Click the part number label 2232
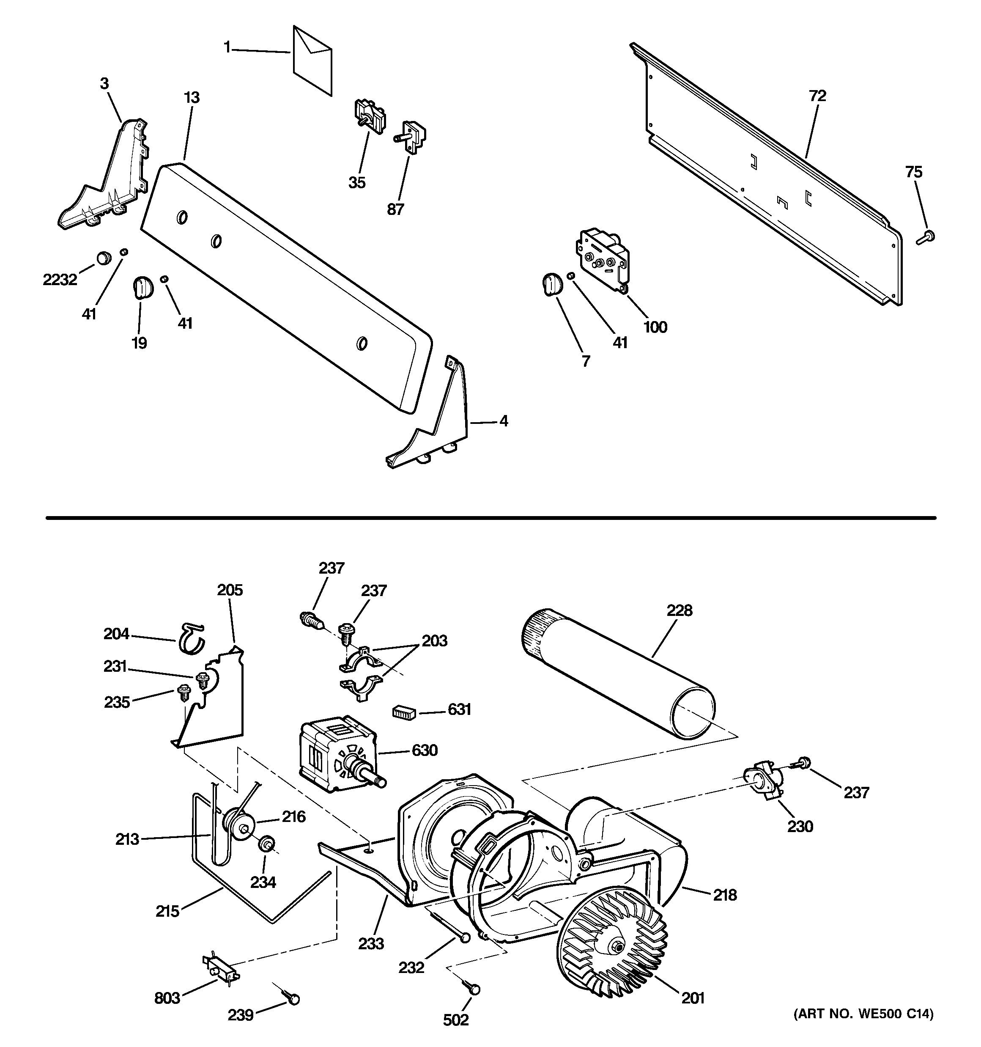(x=60, y=280)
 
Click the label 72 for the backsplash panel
(x=817, y=96)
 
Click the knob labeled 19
(x=141, y=287)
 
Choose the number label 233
(x=371, y=944)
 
